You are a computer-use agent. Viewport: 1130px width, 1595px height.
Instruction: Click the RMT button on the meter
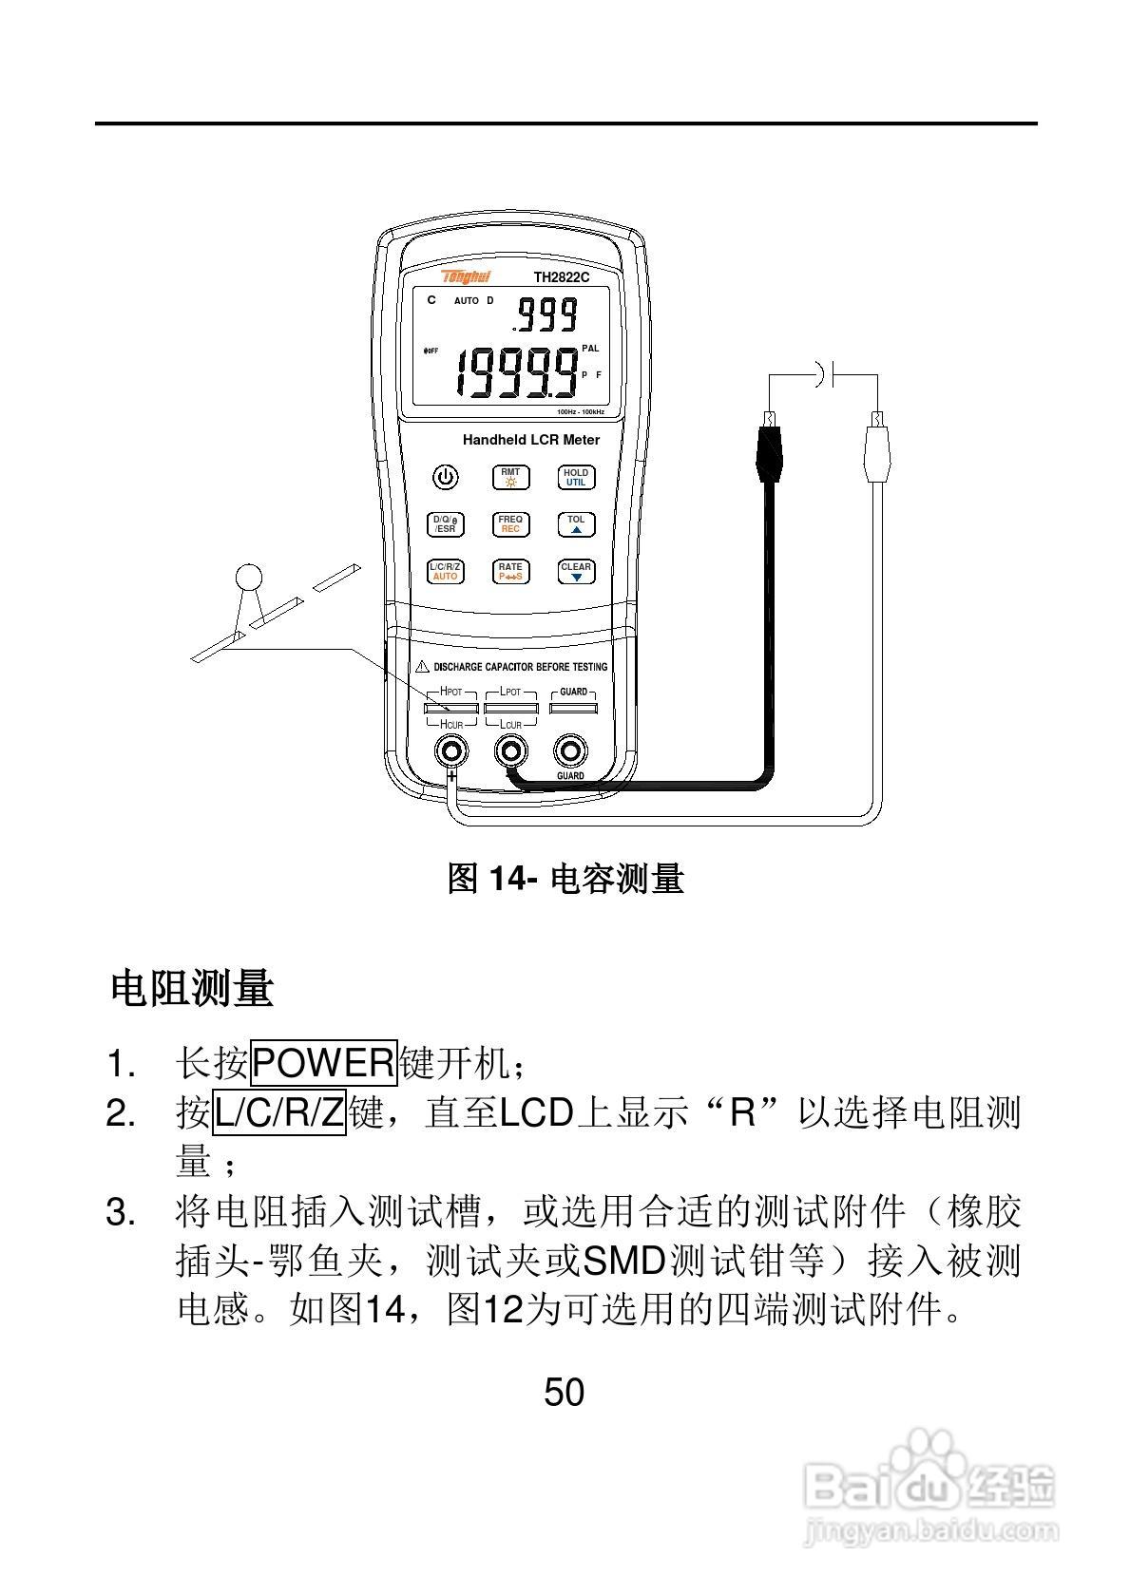[510, 477]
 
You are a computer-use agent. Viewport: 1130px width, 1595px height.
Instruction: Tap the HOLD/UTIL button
[576, 477]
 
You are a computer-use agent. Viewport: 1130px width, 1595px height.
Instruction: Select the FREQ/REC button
[510, 524]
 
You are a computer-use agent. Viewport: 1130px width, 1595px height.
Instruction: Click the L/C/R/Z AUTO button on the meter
[445, 572]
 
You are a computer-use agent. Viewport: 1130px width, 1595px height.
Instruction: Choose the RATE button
[510, 572]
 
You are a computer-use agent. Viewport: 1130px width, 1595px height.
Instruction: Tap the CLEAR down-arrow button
[576, 572]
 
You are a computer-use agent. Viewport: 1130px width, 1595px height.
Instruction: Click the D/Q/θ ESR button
[445, 524]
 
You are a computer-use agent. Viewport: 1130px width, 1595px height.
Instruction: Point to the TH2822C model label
[561, 277]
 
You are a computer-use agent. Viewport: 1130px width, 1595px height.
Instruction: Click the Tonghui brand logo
[466, 276]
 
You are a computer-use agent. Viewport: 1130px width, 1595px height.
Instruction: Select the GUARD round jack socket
[570, 751]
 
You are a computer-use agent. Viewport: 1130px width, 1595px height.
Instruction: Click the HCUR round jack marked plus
[451, 751]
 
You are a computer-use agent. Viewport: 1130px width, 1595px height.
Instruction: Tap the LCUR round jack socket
[511, 751]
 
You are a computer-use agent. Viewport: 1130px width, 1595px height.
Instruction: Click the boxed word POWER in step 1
[323, 1063]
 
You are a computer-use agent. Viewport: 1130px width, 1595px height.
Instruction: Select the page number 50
[564, 1393]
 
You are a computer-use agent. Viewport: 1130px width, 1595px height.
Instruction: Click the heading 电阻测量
[192, 988]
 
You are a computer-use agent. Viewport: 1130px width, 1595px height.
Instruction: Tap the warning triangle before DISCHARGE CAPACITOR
[423, 667]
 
